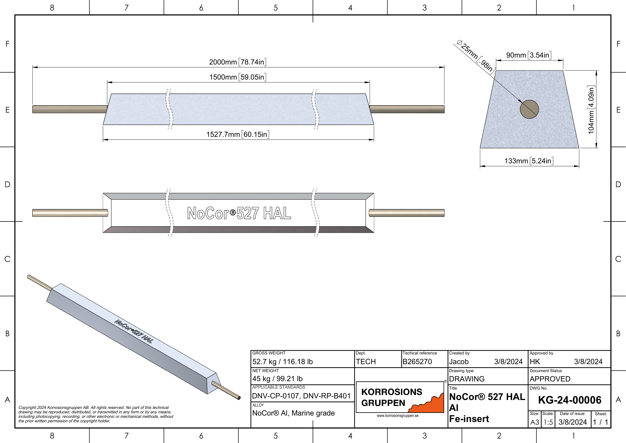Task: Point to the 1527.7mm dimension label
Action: tap(237, 134)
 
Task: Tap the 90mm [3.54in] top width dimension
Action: tap(528, 55)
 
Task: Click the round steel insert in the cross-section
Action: tap(529, 109)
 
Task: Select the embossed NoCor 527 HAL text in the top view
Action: tap(239, 213)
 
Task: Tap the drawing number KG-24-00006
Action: tap(570, 400)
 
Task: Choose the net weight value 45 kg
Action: tap(277, 379)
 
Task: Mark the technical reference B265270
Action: tap(417, 362)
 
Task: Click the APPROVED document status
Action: tap(550, 379)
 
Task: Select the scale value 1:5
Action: tap(548, 422)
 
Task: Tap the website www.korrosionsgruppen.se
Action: tap(398, 416)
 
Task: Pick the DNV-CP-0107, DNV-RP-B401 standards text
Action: tap(301, 396)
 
